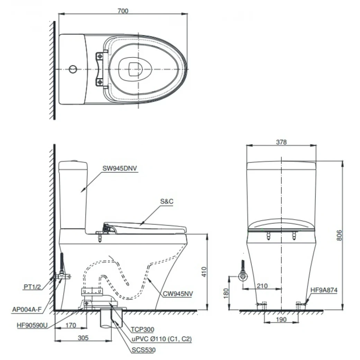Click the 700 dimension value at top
click(x=123, y=11)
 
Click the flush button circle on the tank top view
click(x=73, y=69)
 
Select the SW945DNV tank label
click(x=120, y=169)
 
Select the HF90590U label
click(x=32, y=325)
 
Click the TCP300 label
click(x=143, y=330)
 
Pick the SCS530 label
click(x=143, y=350)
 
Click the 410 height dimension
click(x=204, y=272)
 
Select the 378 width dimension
click(x=281, y=142)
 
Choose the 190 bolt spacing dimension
click(x=282, y=319)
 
